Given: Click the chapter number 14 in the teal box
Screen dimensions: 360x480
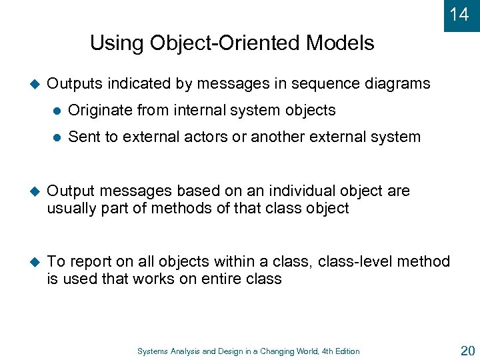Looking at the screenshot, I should (459, 15).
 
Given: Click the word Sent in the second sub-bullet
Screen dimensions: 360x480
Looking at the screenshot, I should (83, 137).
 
